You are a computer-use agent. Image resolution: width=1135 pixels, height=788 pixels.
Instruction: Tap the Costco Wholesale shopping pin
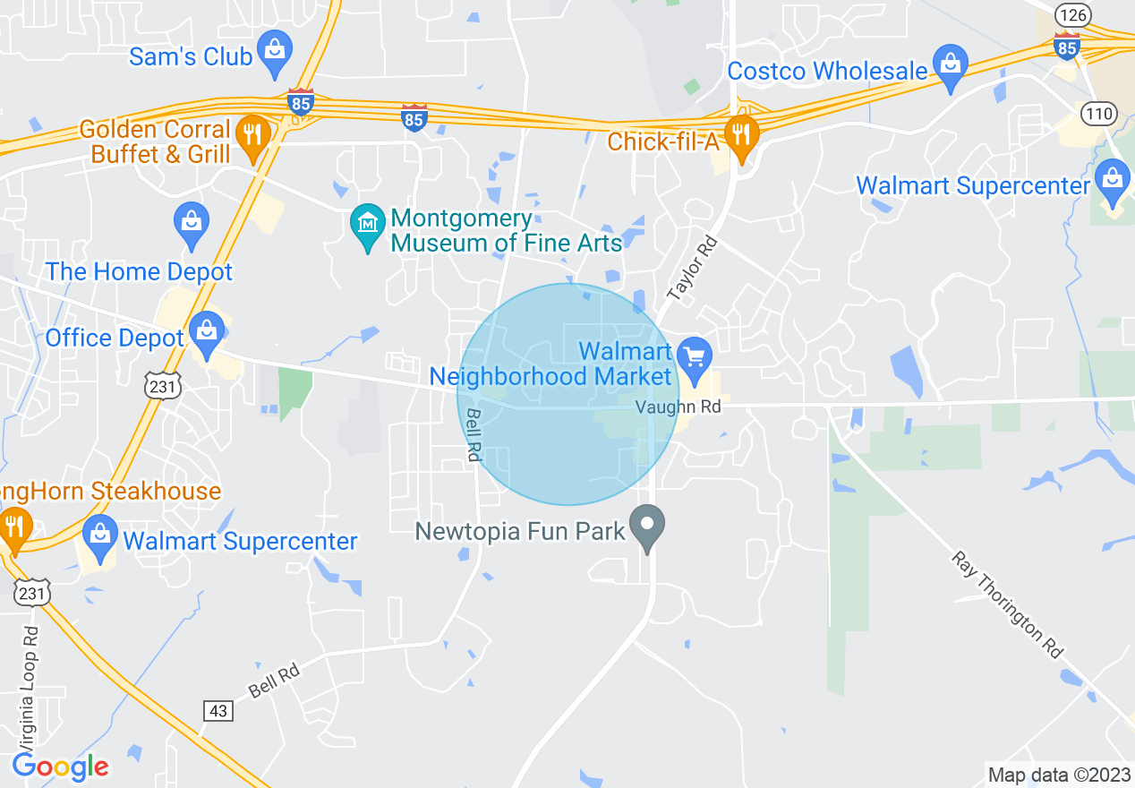pos(950,65)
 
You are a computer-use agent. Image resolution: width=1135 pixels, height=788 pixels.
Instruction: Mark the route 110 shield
pos(1097,113)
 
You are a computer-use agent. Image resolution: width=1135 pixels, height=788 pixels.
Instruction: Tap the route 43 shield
pos(218,711)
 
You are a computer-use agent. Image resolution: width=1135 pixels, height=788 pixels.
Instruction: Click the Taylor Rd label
pos(693,268)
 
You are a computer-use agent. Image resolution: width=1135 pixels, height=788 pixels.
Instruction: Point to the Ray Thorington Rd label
pos(1006,604)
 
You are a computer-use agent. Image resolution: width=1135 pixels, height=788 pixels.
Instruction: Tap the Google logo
pos(60,767)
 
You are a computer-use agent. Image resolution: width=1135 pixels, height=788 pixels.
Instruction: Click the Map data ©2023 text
pos(1057,775)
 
